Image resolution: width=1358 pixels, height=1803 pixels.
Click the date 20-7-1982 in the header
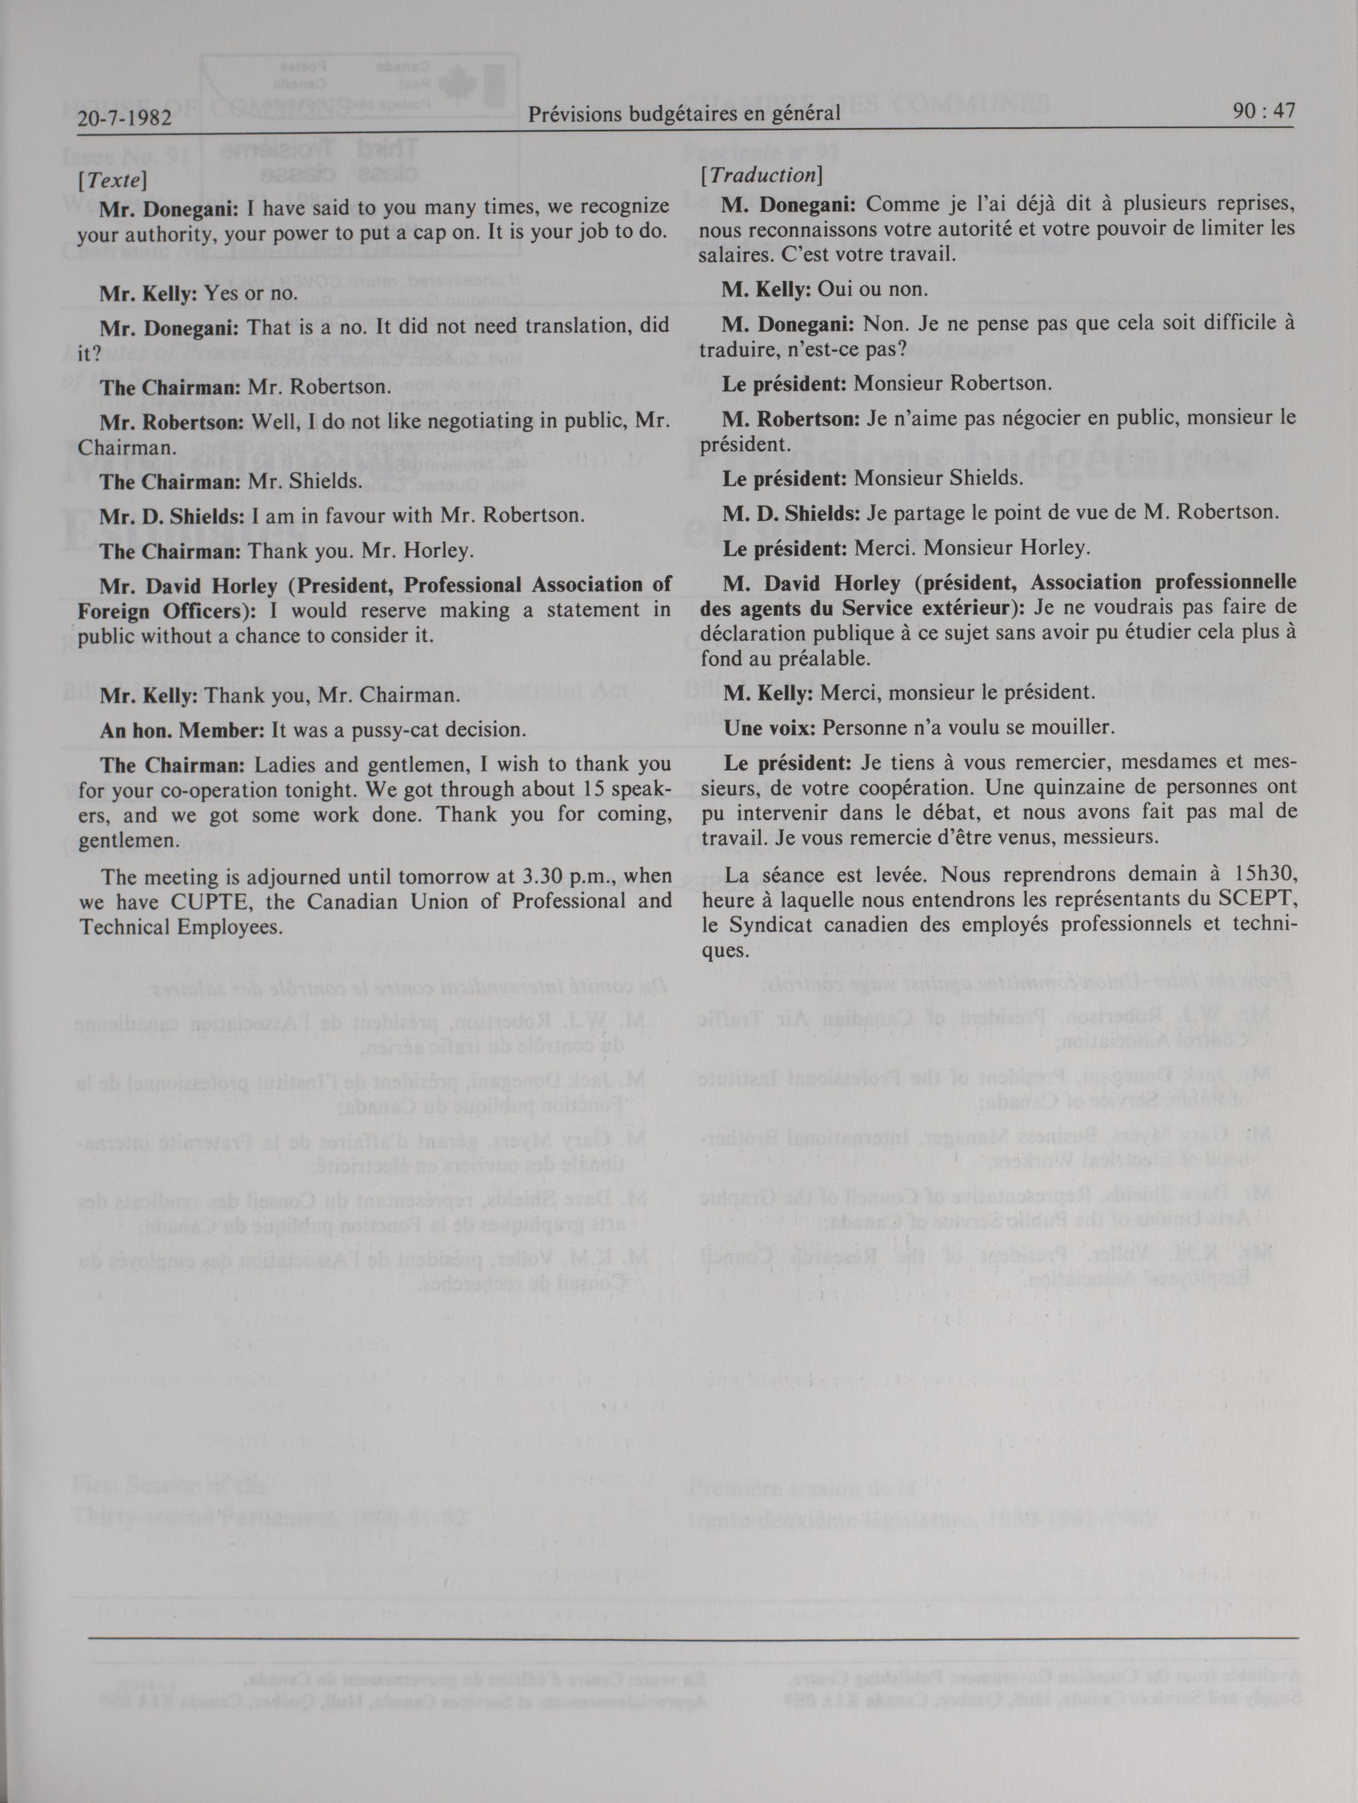coord(125,119)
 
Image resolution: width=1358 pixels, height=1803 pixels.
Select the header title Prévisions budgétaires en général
coord(683,114)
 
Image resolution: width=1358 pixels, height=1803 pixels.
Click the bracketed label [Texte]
coord(112,180)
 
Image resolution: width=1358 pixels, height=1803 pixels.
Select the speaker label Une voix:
coord(769,728)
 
